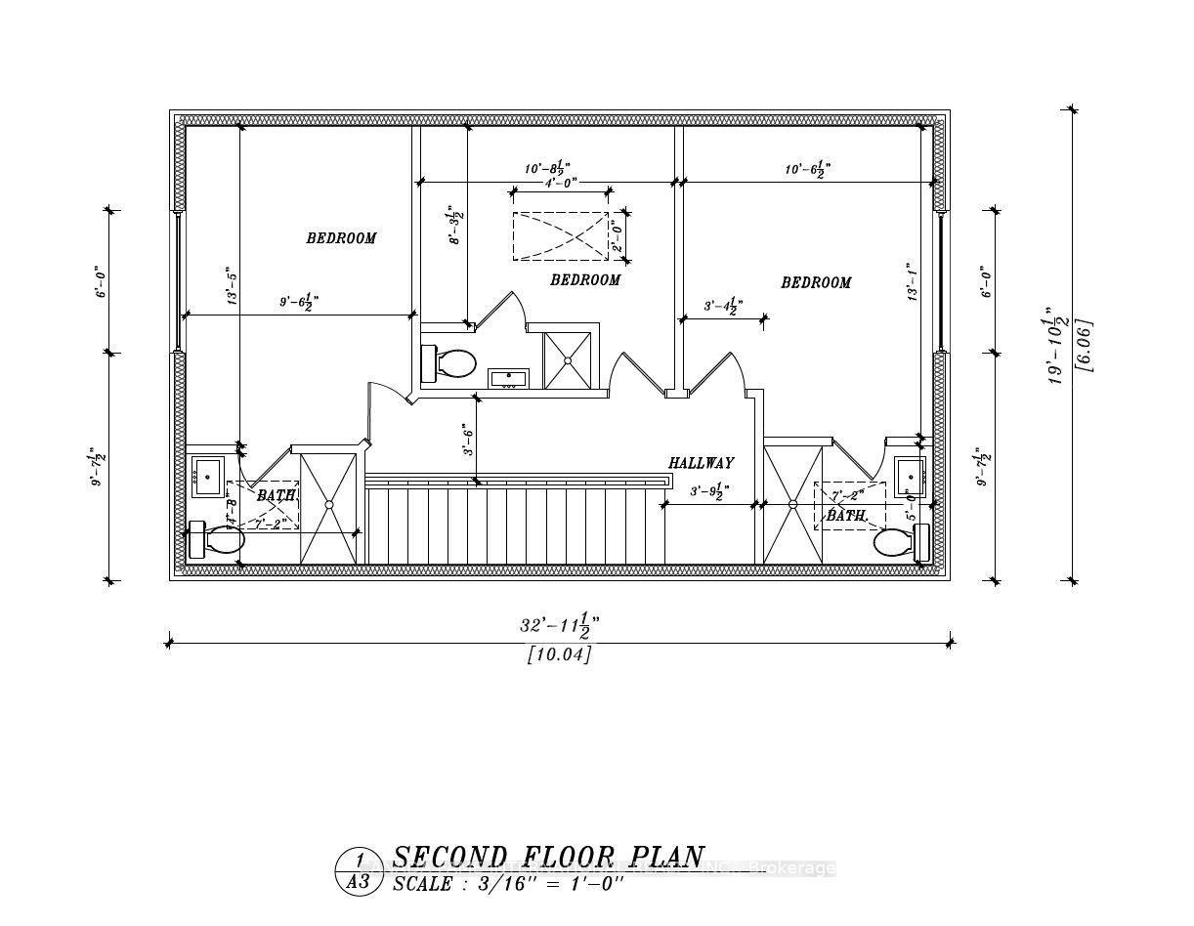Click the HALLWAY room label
click(x=701, y=463)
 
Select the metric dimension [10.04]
click(x=559, y=654)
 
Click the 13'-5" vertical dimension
click(x=231, y=287)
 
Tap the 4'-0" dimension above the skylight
click(x=561, y=182)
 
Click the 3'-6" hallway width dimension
click(x=468, y=440)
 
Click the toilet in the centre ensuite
click(x=451, y=363)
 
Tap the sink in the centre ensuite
click(x=508, y=378)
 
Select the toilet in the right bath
click(x=897, y=542)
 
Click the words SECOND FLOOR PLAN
click(x=548, y=858)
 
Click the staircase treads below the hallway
click(x=513, y=526)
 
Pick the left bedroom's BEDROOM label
click(x=341, y=238)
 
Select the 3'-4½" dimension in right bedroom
click(x=723, y=307)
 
